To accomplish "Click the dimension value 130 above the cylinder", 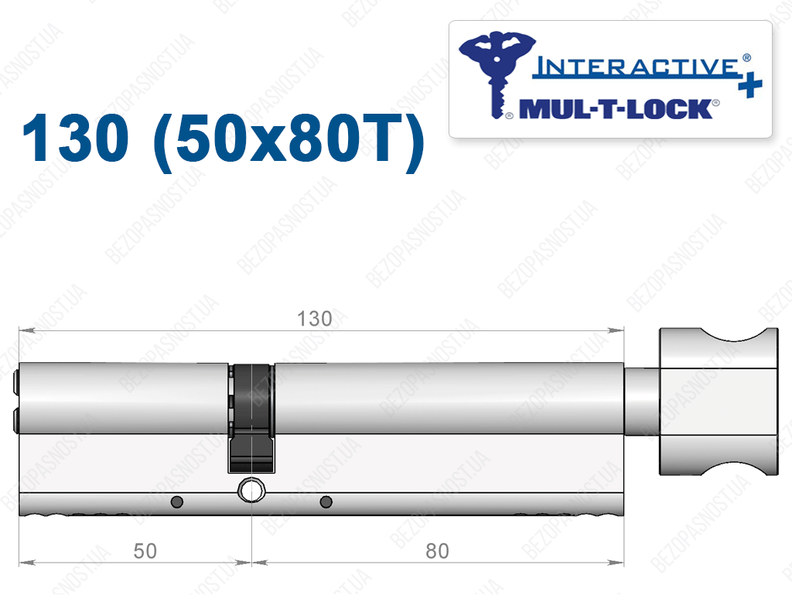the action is (x=314, y=319).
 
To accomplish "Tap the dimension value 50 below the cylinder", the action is (x=145, y=551).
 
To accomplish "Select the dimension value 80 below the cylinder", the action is (x=437, y=551).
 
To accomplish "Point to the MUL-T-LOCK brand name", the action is (x=616, y=109).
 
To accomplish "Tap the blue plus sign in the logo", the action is (x=750, y=84).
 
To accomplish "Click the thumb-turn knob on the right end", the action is (x=719, y=402).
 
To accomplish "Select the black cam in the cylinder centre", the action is (x=251, y=417).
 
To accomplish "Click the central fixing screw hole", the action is (x=251, y=490).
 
